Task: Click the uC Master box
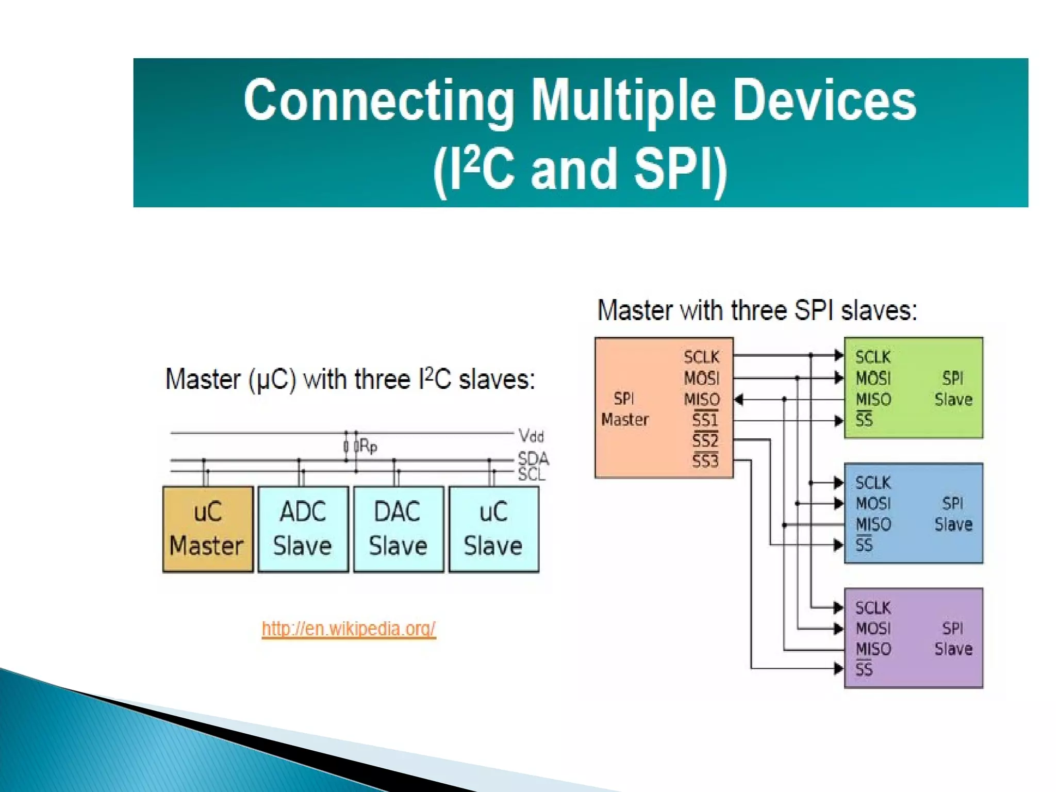coord(208,529)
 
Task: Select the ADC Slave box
coord(303,529)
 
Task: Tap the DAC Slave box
coord(398,529)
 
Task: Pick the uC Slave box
coord(493,529)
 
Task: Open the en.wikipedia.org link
coord(349,629)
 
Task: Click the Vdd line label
coord(531,436)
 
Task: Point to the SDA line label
coord(533,458)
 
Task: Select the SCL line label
coord(531,474)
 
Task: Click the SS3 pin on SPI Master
coord(705,460)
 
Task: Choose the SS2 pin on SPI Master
coord(705,440)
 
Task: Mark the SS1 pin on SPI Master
coord(705,419)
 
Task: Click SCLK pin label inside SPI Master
coord(701,357)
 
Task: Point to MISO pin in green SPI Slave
coord(873,399)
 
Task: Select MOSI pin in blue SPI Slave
coord(873,503)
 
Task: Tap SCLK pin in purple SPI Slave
coord(873,608)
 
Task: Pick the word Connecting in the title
coord(379,101)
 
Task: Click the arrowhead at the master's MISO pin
coord(739,400)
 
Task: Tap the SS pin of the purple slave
coord(864,670)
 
